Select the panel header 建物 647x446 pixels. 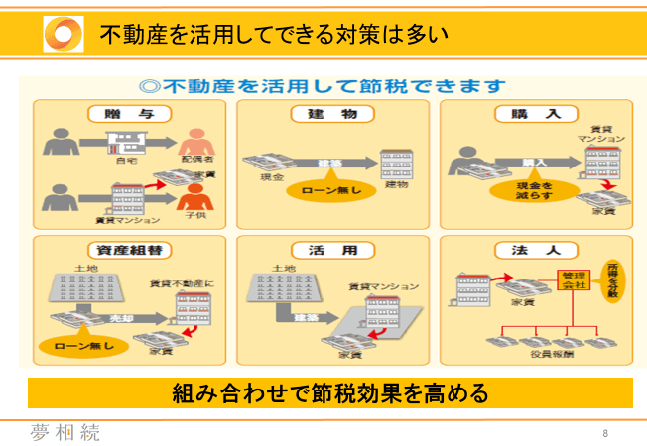pyautogui.click(x=333, y=114)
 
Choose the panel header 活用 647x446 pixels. pyautogui.click(x=333, y=250)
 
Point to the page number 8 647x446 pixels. pyautogui.click(x=605, y=434)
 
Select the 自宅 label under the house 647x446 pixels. pyautogui.click(x=127, y=159)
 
